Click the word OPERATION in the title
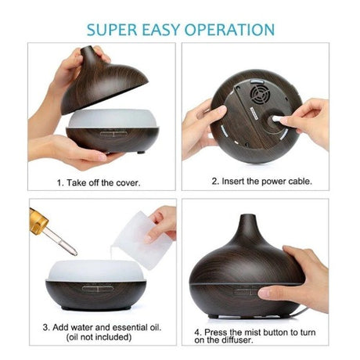229,30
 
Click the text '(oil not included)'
92,337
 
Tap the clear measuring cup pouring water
143,239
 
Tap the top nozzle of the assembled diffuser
247,222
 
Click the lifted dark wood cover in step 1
98,86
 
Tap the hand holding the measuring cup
163,221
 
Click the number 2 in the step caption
214,182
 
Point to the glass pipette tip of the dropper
72,251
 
